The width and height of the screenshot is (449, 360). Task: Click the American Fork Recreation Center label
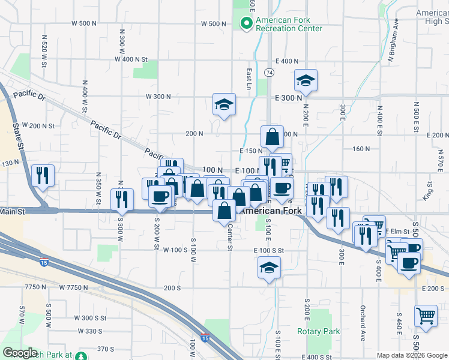tap(289, 24)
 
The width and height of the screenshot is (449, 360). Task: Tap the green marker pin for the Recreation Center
tap(246, 24)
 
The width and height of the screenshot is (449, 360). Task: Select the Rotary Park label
tap(318, 331)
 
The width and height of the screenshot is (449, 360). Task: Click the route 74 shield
tap(269, 73)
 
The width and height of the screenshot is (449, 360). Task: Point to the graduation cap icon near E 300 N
tap(306, 82)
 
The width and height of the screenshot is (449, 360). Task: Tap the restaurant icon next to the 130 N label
tap(43, 176)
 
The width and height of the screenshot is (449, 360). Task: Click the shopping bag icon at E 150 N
tap(272, 138)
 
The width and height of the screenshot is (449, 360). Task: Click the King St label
tap(428, 191)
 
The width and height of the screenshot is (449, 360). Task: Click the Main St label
tap(13, 211)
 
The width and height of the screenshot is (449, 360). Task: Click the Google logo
tap(20, 353)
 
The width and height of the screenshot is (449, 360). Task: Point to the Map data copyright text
tap(412, 356)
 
